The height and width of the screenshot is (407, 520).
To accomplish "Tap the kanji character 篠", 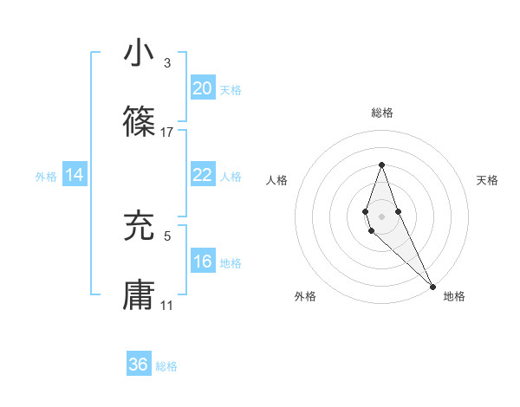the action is coord(139,122).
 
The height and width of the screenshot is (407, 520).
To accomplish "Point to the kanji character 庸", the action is coord(139,294).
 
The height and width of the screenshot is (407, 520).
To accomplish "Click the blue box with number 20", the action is coord(202,88).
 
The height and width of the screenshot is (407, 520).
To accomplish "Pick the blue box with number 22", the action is coord(202,175).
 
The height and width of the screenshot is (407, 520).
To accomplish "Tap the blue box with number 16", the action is coord(202,262).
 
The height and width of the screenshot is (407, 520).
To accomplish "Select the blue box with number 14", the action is coord(75,175).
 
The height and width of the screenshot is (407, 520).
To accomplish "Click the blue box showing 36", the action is coord(139,365).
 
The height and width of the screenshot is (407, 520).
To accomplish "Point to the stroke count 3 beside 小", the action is coord(166,63).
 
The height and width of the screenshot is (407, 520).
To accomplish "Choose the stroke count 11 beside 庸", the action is coord(166,305).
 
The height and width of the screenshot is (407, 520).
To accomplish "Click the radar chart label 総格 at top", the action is coord(381,113).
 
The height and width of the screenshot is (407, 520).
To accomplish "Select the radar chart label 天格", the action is coord(487,180).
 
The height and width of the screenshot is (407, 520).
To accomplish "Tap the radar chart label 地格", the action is coord(454,296).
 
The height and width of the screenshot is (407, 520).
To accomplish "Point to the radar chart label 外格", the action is coord(305,296).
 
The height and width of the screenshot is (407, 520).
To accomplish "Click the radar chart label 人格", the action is coord(276,180).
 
